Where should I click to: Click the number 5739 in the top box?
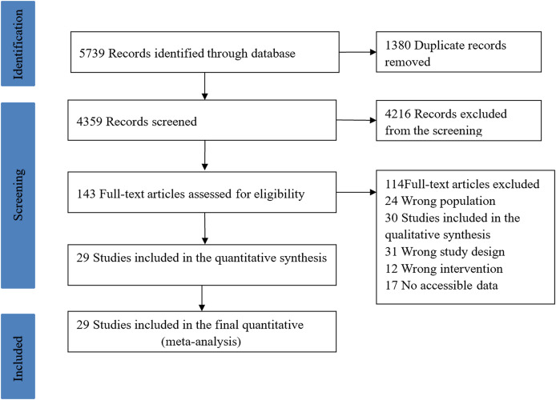point(92,54)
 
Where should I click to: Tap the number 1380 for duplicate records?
point(398,46)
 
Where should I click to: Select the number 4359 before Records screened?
point(90,122)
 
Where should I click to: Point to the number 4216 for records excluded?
point(398,114)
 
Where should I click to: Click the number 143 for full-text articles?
point(87,194)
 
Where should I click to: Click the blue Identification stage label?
point(18,43)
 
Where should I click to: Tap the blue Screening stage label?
point(18,195)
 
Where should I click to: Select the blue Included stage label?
point(18,357)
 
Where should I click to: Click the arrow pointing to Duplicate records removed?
point(357,52)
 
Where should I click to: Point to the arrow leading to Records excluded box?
point(356,120)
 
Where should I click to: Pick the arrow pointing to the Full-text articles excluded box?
point(356,192)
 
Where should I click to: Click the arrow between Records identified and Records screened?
point(204,86)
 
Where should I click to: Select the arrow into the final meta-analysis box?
point(202,298)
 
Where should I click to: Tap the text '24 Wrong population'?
point(440,201)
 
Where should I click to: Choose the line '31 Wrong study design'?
point(445,252)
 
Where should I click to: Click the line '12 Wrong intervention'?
point(444,269)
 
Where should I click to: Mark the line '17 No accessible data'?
point(441,286)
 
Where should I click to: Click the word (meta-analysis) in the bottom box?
point(201,342)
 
